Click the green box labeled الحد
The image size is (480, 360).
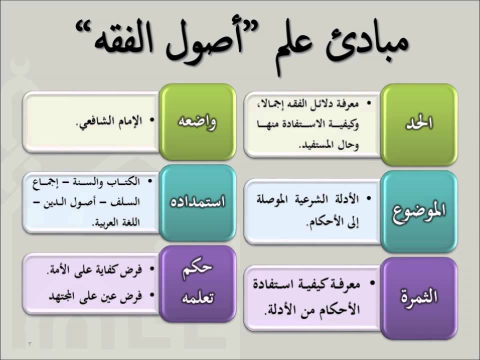click(419, 124)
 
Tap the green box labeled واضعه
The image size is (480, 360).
click(197, 122)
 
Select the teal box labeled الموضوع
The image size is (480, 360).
click(419, 211)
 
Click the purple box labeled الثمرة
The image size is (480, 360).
click(419, 298)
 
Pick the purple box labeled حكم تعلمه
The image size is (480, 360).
click(197, 283)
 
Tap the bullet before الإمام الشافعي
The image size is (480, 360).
click(151, 120)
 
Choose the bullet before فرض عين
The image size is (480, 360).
click(151, 295)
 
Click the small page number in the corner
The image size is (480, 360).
click(29, 344)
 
